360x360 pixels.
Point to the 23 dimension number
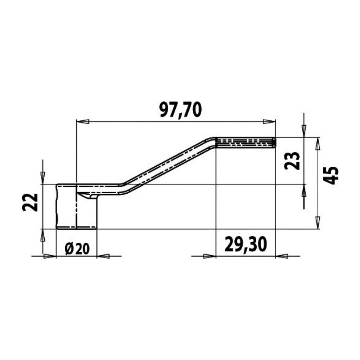292,161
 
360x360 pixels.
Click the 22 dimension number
30,202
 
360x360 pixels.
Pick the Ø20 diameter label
77,249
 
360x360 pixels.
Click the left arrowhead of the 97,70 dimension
82,122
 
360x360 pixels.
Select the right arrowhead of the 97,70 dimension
269,122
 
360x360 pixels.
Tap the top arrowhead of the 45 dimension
318,144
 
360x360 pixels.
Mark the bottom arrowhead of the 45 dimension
318,222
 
